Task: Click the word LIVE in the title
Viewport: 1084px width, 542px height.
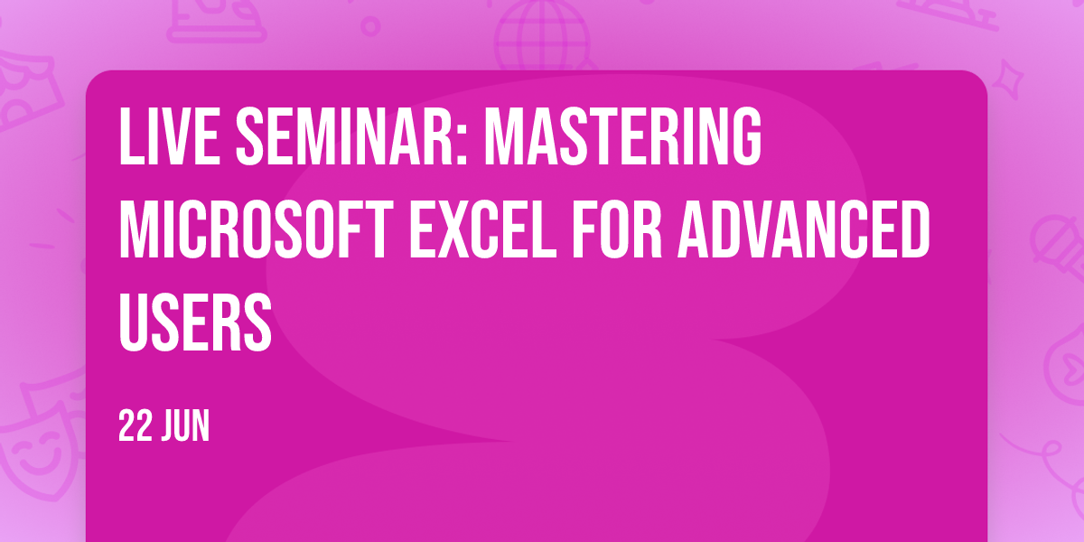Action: coord(170,136)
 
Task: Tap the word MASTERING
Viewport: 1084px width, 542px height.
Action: coord(623,136)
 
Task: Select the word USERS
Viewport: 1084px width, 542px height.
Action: coord(195,322)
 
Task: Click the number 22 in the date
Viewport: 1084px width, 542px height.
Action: coord(135,425)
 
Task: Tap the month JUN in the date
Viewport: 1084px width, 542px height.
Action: coord(185,425)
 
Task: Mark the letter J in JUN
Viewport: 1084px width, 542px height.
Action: coord(168,425)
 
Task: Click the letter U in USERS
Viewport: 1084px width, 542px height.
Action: coord(133,322)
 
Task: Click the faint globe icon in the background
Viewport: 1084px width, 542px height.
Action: coord(543,35)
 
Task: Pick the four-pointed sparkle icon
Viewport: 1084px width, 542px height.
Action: coord(1008,80)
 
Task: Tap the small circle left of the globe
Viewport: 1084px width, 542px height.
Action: coord(370,26)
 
